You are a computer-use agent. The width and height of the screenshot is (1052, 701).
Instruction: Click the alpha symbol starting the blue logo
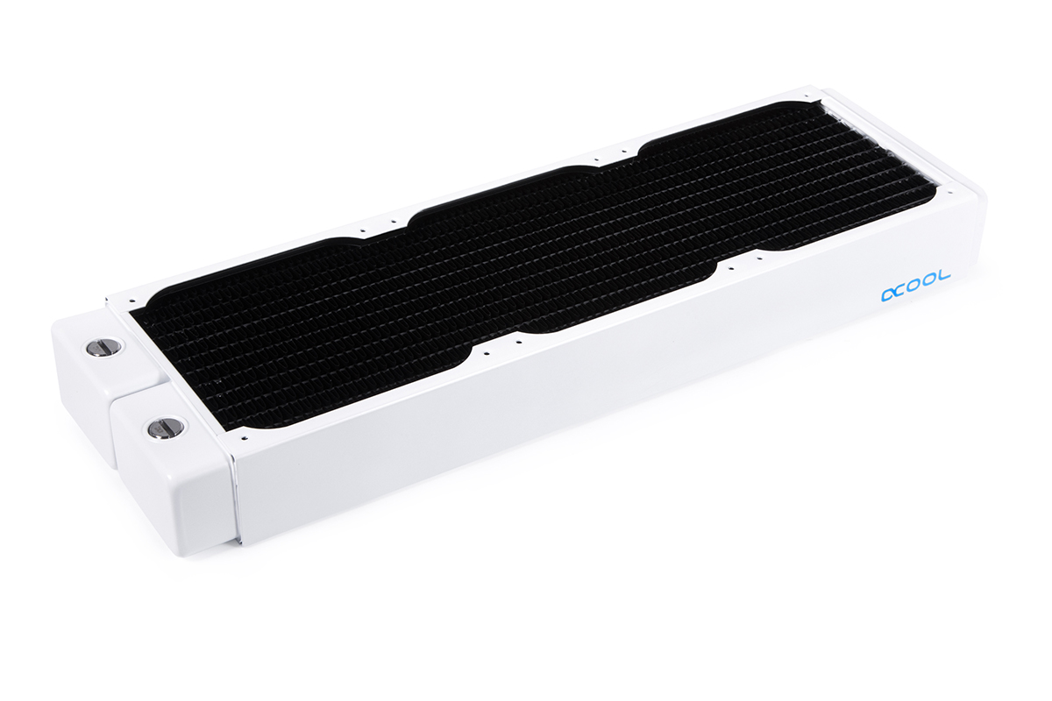point(889,295)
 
